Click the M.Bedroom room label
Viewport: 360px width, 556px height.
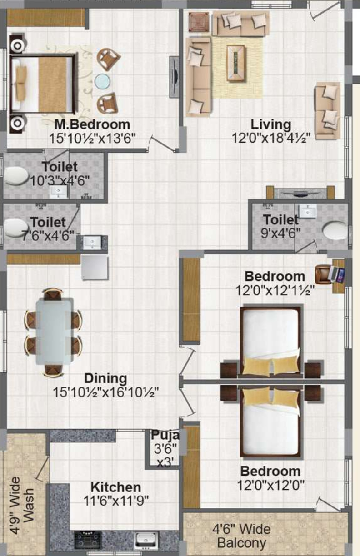point(92,124)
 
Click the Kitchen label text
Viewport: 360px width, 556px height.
point(115,487)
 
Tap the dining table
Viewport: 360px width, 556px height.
point(54,331)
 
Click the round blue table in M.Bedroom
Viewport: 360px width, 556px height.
point(103,81)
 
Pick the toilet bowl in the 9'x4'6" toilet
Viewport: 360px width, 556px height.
point(335,230)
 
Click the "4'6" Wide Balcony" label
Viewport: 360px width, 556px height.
point(241,536)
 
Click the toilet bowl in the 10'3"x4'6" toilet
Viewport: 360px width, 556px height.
point(17,176)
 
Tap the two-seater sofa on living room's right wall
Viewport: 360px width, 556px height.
point(328,110)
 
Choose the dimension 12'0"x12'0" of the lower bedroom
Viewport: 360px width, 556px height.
point(270,485)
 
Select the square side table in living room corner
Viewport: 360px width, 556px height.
point(198,22)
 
